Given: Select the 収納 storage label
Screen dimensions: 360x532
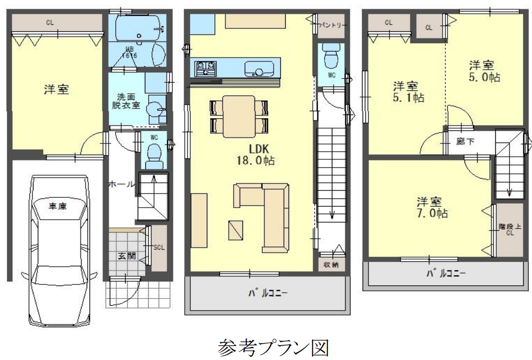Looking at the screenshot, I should pos(331,264).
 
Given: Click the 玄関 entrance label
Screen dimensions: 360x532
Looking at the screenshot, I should pos(126,255).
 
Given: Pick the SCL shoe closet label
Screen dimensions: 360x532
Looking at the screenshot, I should pos(159,247).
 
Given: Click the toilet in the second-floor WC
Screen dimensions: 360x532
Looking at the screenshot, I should pos(330,55).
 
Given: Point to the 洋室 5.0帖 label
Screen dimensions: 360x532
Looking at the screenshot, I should pos(484,71).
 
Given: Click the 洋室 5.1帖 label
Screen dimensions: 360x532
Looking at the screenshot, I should pos(409,92).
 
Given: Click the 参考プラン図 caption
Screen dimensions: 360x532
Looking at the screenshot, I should pos(273,347).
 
